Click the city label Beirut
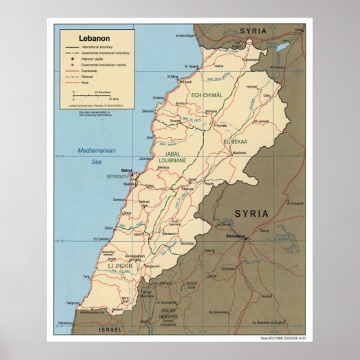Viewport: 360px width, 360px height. (x=125, y=170)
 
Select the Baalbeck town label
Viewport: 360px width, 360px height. (x=236, y=153)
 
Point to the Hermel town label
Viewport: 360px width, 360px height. (x=252, y=87)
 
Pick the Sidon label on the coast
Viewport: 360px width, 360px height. (x=109, y=228)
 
